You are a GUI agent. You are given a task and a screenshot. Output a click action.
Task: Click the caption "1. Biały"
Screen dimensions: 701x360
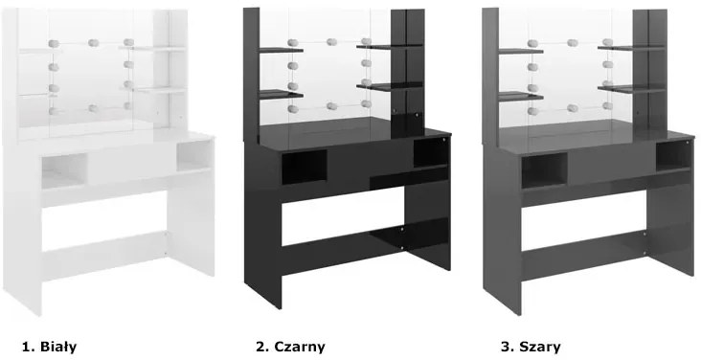pos(49,347)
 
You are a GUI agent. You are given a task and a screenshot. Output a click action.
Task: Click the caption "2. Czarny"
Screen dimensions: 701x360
pos(290,347)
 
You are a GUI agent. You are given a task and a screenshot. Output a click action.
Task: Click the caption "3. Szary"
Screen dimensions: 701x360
pos(531,347)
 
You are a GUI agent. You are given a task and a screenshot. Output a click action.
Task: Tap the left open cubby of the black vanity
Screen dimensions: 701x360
pos(304,167)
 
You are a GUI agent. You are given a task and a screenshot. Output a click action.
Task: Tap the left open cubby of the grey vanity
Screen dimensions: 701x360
pos(544,169)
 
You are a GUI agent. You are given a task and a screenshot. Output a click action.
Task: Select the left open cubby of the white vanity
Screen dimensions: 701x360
pos(65,170)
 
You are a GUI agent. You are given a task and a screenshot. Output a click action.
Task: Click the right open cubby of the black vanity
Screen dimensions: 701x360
pos(431,153)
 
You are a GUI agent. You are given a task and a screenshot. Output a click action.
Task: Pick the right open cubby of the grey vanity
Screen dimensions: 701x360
pos(674,156)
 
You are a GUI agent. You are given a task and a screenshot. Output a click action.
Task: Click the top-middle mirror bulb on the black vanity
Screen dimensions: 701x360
pos(331,42)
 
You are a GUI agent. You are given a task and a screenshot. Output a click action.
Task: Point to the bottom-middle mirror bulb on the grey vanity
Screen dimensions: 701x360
pos(573,108)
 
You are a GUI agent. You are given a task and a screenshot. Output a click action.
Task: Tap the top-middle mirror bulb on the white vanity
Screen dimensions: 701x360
pos(93,43)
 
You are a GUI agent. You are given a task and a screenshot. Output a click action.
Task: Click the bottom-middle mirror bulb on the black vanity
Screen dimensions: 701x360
pos(331,106)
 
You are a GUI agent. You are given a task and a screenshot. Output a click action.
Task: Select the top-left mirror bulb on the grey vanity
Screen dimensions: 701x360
pos(532,43)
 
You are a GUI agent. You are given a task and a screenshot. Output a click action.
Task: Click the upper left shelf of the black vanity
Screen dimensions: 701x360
pos(282,50)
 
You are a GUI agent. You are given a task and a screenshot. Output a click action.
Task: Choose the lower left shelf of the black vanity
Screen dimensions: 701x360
pos(282,95)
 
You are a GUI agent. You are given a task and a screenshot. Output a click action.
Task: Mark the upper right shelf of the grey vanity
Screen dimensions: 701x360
pos(631,48)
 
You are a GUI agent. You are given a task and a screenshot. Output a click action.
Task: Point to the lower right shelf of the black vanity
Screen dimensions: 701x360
pos(390,86)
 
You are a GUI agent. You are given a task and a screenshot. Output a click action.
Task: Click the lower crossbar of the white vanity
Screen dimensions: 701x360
pos(104,255)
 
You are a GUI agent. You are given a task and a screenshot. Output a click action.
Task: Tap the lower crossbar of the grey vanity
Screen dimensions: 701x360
pos(583,255)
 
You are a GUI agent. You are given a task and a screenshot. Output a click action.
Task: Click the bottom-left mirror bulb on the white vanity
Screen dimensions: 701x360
pos(54,111)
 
